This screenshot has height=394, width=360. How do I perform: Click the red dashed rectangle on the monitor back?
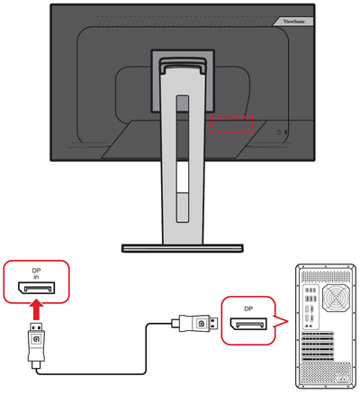232,124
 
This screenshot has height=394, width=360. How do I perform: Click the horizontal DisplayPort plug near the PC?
196,321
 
